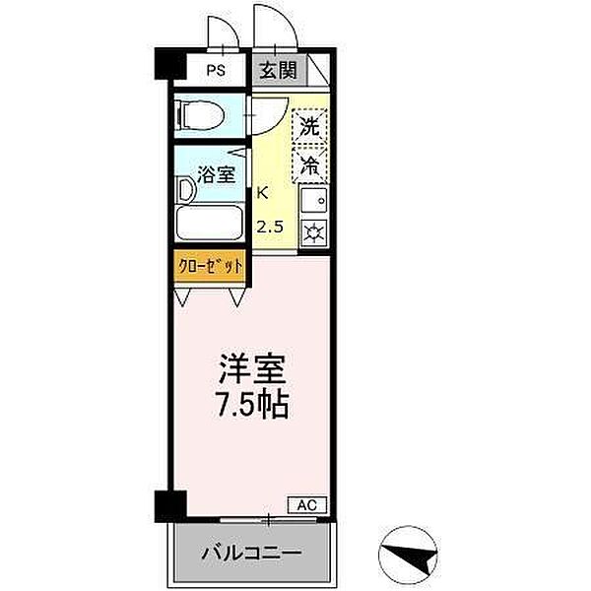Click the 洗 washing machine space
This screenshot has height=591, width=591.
[309, 127]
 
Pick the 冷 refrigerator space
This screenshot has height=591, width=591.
[309, 164]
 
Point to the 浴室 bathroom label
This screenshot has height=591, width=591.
[218, 176]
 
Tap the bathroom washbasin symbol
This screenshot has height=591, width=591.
[184, 187]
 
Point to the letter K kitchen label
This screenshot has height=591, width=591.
[262, 194]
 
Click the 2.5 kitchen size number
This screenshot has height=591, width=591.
[269, 227]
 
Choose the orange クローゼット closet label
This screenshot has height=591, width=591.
[210, 265]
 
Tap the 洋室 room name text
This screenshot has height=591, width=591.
[251, 372]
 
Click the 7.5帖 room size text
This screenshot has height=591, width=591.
[251, 405]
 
